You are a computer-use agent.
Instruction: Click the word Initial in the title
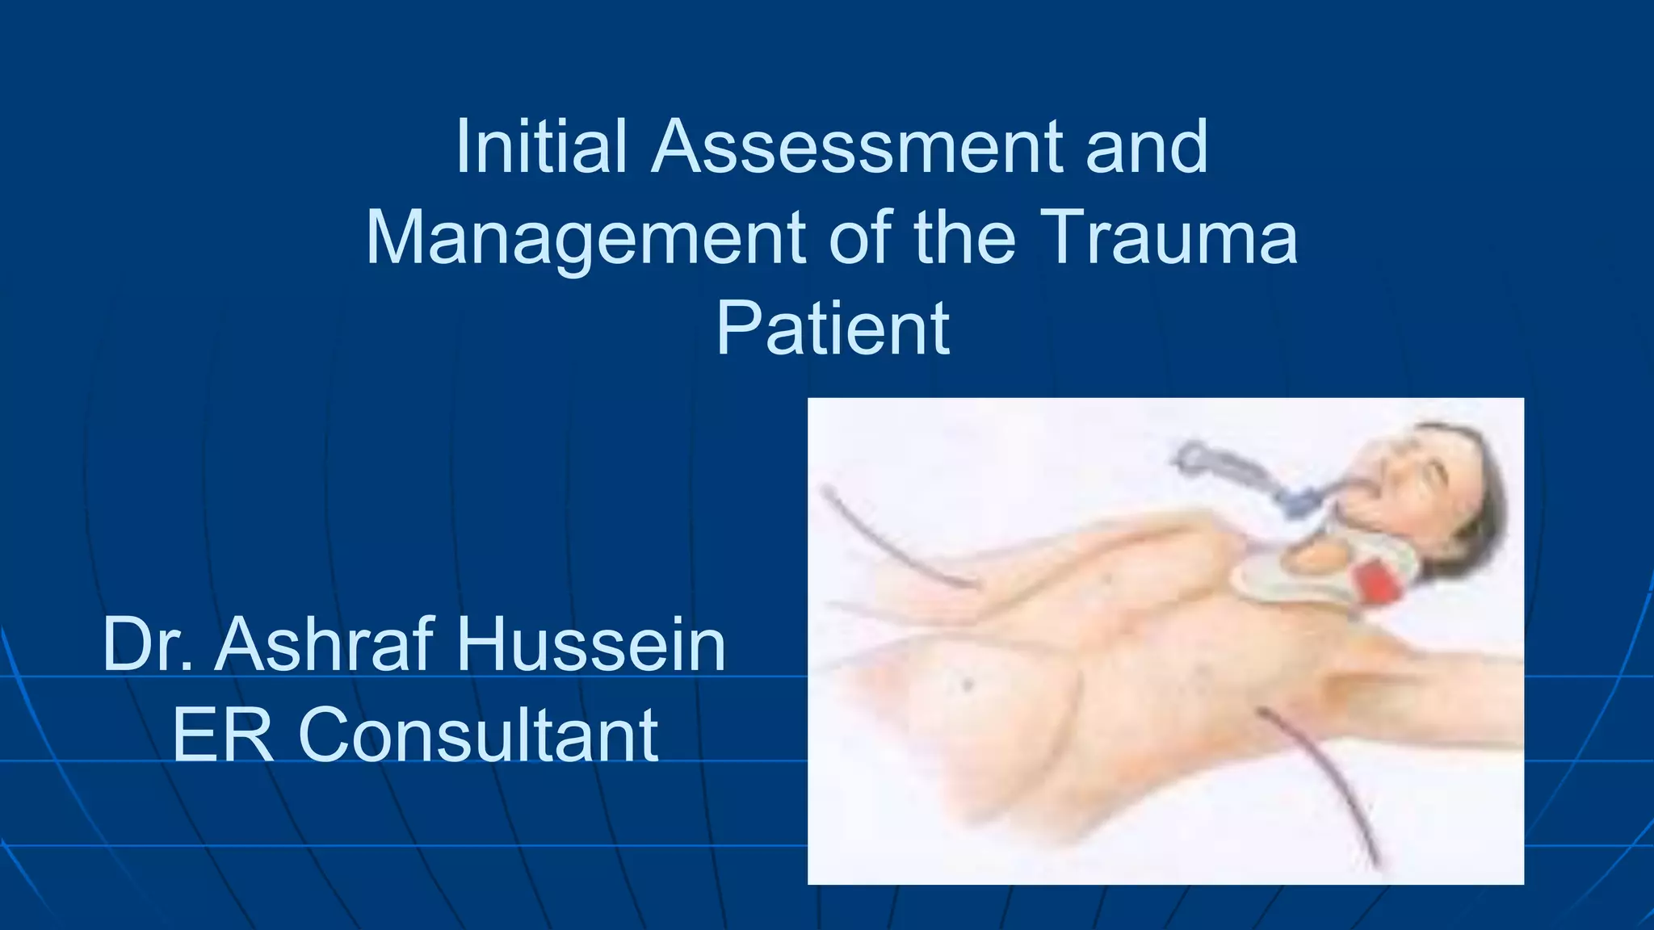[541, 147]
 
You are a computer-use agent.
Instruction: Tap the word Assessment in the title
[856, 147]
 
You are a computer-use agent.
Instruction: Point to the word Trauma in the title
[1171, 237]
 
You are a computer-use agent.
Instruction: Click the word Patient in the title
[833, 329]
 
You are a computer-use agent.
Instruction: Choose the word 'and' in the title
[1147, 147]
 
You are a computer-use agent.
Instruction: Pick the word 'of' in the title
[861, 237]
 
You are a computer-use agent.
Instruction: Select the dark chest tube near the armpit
[1324, 775]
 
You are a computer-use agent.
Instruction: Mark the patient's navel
[967, 685]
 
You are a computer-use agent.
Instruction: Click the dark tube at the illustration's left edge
[888, 541]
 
